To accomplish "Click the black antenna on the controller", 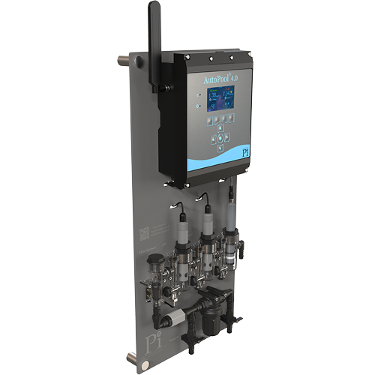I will [155, 45].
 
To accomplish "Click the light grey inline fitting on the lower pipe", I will [173, 320].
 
